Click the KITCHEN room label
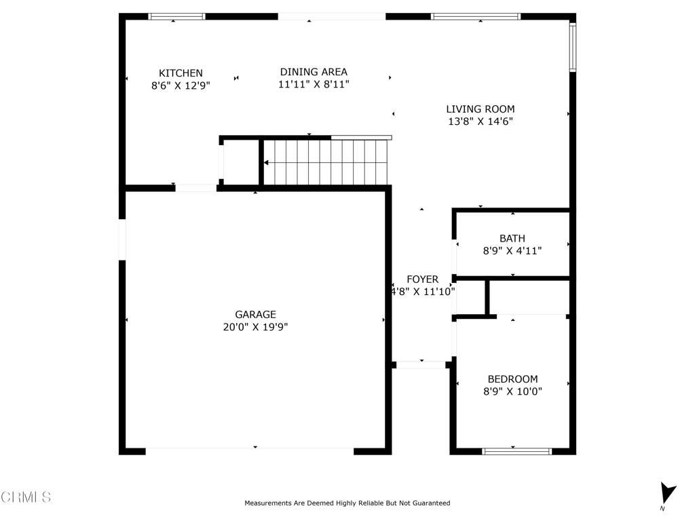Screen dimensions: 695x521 [181, 73]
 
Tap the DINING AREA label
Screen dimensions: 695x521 [314, 72]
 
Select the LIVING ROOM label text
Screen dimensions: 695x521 [481, 109]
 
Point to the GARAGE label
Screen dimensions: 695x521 [255, 315]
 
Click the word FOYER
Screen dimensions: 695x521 [422, 279]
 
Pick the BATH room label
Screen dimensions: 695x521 [512, 238]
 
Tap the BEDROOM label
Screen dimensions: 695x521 [513, 379]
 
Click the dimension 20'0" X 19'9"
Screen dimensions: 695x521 [255, 327]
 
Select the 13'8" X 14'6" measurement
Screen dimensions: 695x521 [481, 121]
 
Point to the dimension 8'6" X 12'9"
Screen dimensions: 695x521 [181, 85]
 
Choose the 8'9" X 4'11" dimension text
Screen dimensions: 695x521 [512, 251]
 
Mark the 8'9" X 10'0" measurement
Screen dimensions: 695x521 [513, 391]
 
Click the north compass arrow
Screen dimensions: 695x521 [667, 493]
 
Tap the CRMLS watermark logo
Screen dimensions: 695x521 [26, 497]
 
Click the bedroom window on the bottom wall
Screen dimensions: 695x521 [516, 451]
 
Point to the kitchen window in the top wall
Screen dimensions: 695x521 [176, 16]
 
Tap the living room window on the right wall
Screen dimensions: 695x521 [573, 47]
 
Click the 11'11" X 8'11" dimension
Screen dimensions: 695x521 [314, 84]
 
